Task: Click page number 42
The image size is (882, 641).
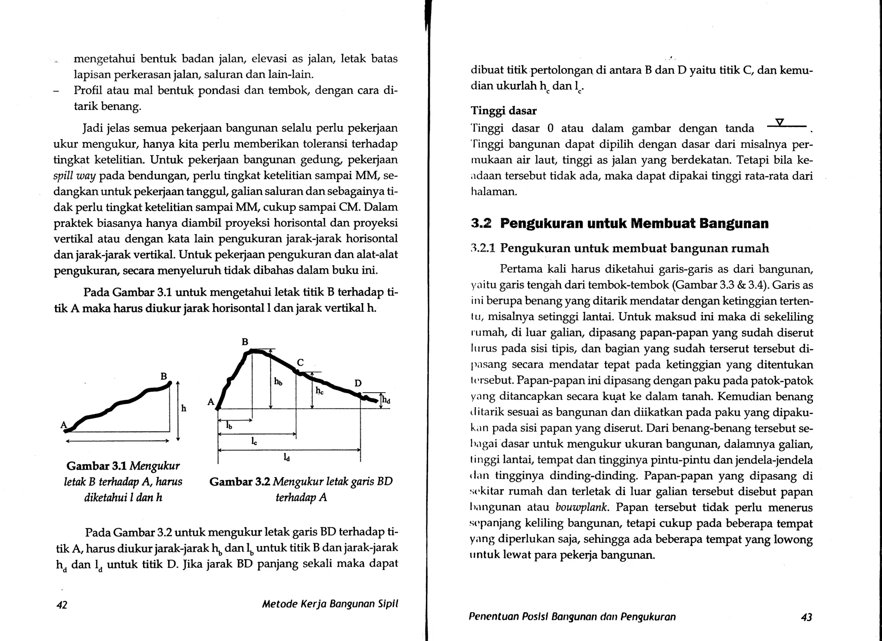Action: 62,605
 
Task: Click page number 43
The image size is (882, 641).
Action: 806,617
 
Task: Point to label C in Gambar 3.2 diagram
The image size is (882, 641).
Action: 300,363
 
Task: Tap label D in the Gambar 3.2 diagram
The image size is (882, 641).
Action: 358,383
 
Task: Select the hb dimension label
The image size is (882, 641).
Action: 278,381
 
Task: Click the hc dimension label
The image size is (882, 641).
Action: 320,391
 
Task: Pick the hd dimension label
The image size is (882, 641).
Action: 386,401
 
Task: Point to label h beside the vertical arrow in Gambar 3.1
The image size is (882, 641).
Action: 184,408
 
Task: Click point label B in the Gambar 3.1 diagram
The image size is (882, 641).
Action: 164,376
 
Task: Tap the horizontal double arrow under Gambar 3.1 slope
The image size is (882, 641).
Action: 117,441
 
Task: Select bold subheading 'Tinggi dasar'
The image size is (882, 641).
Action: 503,111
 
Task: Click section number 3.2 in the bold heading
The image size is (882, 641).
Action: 481,223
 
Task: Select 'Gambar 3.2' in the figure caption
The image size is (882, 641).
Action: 239,481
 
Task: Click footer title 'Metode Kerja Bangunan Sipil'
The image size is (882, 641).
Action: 330,604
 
